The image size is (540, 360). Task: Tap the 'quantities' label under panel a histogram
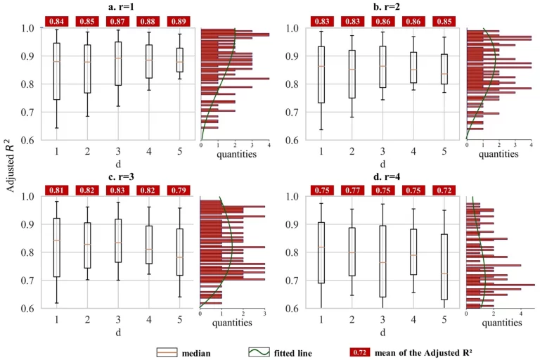[x=236, y=154]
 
